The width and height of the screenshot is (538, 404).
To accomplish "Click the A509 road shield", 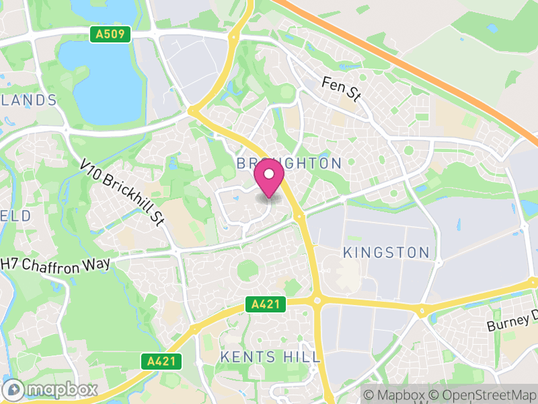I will point(110,34).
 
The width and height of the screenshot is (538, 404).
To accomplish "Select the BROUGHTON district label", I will point(289,164).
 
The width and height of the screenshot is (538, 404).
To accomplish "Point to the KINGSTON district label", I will point(386,252).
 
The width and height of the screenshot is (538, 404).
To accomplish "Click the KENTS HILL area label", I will point(270,357).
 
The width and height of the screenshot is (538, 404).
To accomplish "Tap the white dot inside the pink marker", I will point(269,173).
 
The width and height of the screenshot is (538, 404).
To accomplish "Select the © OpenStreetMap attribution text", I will point(484,395).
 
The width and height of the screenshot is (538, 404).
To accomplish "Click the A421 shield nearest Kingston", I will point(265,304).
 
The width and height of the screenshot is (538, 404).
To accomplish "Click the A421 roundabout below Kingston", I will point(316,300).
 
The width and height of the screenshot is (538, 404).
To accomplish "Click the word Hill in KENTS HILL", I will point(301,357).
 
